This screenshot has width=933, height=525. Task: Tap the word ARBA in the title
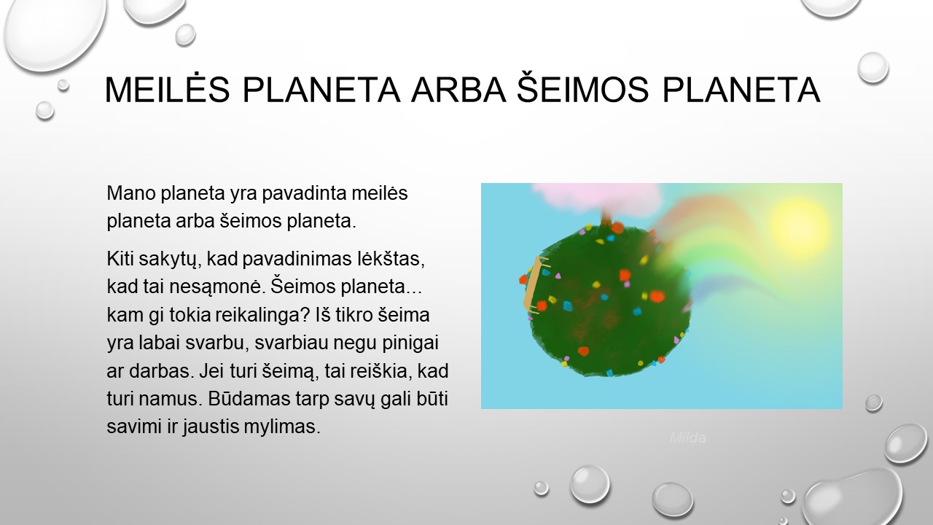click(458, 89)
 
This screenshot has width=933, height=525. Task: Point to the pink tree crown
click(596, 198)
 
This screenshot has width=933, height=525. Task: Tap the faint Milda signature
click(687, 437)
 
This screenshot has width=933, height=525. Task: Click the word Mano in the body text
click(131, 193)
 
